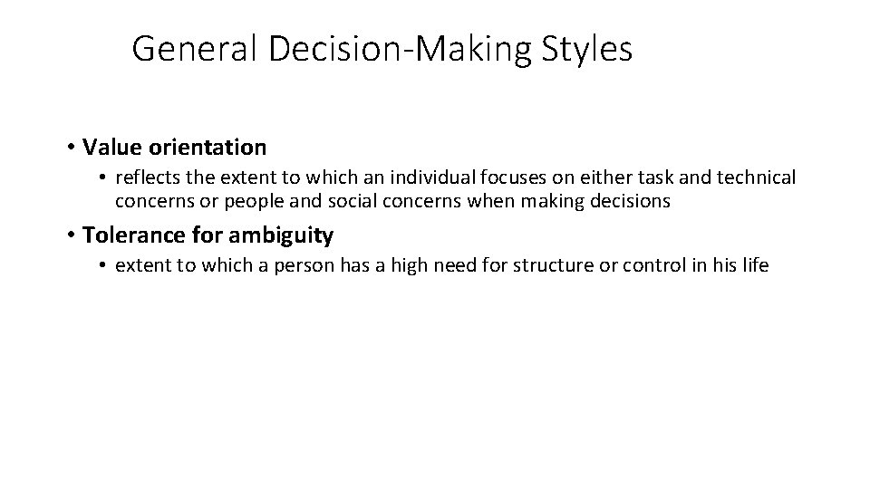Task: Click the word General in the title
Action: (196, 50)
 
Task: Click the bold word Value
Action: (110, 147)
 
